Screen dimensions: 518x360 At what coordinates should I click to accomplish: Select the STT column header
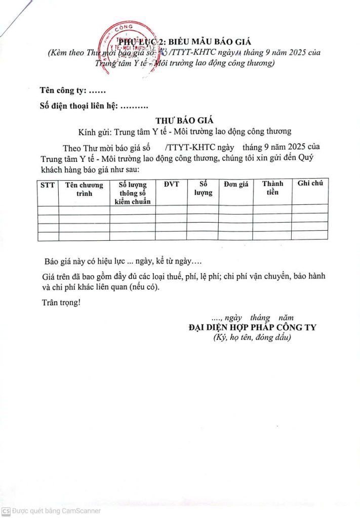(x=48, y=185)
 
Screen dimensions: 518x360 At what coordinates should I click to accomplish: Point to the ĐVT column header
(x=171, y=184)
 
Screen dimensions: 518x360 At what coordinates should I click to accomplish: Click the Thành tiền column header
(x=272, y=188)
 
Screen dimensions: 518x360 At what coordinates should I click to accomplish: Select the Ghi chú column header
(x=310, y=183)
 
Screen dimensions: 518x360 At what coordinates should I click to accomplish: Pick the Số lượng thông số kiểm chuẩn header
(x=132, y=193)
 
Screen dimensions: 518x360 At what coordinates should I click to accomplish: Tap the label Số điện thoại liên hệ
(x=78, y=106)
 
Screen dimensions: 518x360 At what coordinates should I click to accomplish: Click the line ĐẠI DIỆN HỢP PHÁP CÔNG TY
(x=252, y=327)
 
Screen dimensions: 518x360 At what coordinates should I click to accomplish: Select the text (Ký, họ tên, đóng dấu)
(x=252, y=337)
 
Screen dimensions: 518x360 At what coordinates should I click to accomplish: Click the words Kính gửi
(x=95, y=132)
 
